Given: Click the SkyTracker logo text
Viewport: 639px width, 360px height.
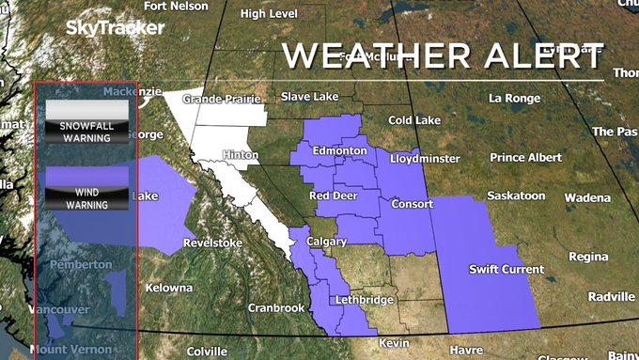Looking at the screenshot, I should [x=109, y=28].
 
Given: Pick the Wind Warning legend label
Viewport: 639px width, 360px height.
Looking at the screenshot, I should [x=86, y=197].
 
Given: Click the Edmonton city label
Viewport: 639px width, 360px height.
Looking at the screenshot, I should [x=339, y=151].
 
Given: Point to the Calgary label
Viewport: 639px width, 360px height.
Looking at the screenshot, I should [x=327, y=242].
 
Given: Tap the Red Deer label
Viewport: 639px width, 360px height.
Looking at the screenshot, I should [x=332, y=196].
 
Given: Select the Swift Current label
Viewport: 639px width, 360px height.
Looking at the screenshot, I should [x=507, y=270].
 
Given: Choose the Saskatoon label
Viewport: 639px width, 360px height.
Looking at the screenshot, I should [x=516, y=196].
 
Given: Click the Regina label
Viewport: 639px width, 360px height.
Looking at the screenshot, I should [x=588, y=256].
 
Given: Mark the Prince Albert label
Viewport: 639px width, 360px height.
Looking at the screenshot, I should [x=526, y=157].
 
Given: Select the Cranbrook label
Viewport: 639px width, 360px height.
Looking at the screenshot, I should [x=276, y=307].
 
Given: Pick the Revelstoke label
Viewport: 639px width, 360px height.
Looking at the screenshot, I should [x=212, y=243].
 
